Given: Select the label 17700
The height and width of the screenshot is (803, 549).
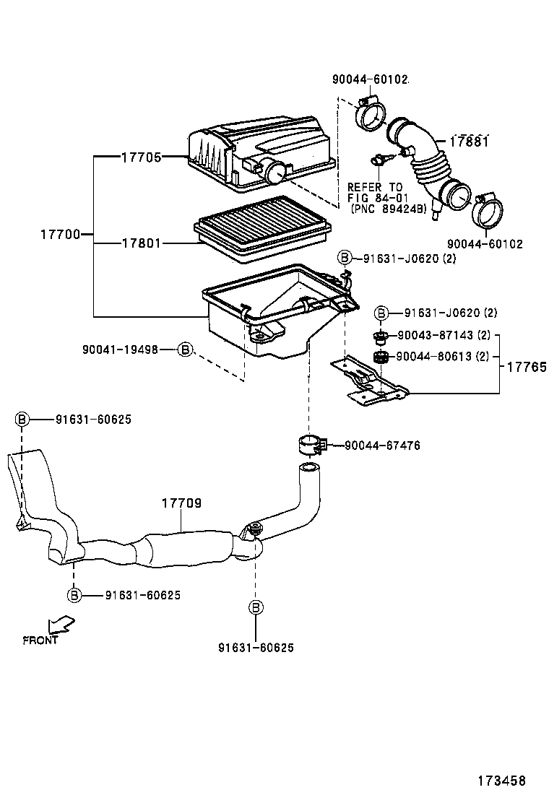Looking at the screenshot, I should pyautogui.click(x=60, y=234).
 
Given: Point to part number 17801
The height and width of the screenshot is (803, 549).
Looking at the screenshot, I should pyautogui.click(x=141, y=243).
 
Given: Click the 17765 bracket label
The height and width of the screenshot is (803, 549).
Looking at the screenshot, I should pyautogui.click(x=525, y=367).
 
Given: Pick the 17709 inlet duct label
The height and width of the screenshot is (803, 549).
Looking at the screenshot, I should pyautogui.click(x=181, y=503).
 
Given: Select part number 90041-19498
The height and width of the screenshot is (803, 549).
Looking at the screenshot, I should pyautogui.click(x=120, y=350).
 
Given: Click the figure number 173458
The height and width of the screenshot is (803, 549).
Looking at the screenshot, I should pyautogui.click(x=501, y=781).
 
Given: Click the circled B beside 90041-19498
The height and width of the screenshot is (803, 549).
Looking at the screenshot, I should pyautogui.click(x=185, y=350).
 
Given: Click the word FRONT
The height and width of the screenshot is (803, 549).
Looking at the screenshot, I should pyautogui.click(x=40, y=640).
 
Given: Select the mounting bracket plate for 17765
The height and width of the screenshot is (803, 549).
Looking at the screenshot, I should pyautogui.click(x=368, y=379).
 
